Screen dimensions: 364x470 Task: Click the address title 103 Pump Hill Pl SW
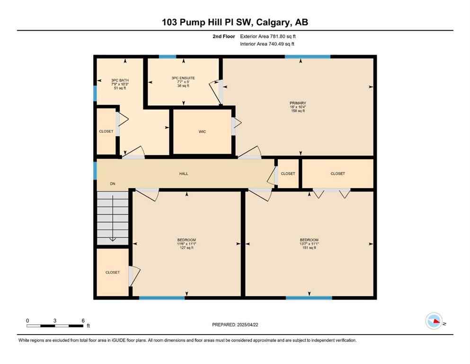(235, 22)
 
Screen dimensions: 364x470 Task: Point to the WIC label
(203, 131)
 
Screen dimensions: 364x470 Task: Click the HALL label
(184, 174)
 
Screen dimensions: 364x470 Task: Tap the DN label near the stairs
(113, 183)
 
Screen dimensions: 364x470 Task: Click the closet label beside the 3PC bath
(106, 131)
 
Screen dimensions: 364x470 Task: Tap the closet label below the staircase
(113, 273)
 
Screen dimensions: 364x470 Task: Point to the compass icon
(434, 321)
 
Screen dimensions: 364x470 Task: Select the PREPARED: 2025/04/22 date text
(235, 325)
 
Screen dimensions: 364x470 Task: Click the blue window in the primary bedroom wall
(307, 57)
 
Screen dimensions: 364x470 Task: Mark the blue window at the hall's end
(96, 170)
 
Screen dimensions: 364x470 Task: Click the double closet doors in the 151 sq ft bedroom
(331, 192)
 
